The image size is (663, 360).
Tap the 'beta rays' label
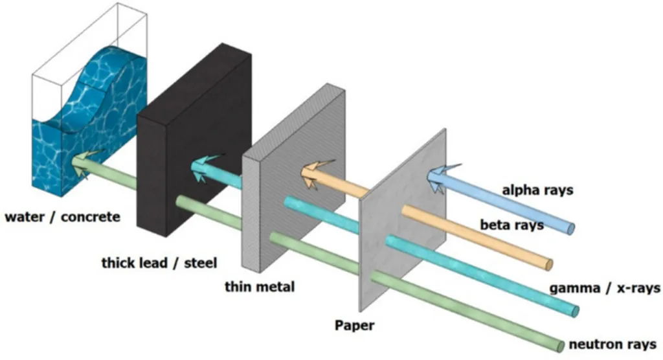pyautogui.click(x=511, y=225)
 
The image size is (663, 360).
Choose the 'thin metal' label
pyautogui.click(x=259, y=286)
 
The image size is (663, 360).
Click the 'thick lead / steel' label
pyautogui.click(x=159, y=263)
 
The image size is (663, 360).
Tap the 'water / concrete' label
pyautogui.click(x=62, y=216)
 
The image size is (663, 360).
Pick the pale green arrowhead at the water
pyautogui.click(x=84, y=163)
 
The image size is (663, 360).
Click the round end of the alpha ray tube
pyautogui.click(x=570, y=228)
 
